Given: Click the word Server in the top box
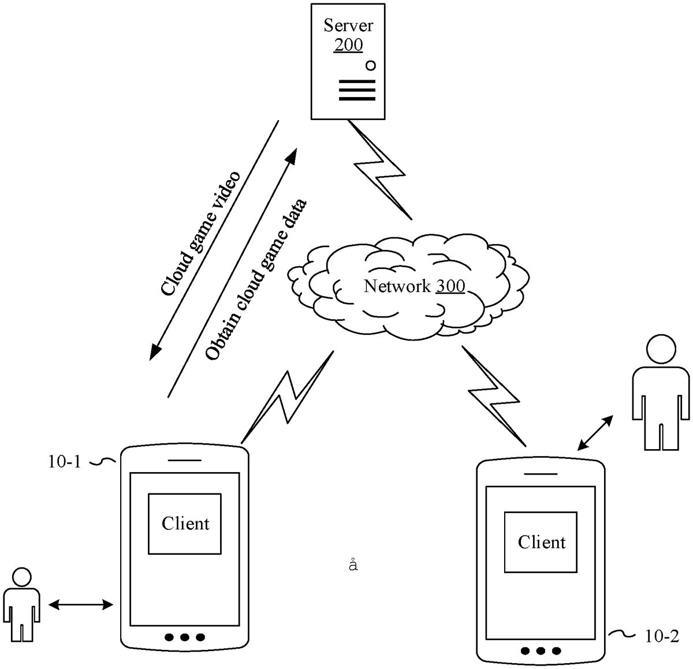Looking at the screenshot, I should [x=348, y=25].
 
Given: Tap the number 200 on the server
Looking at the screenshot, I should [x=348, y=45].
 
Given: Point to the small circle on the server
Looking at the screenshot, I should [x=370, y=66].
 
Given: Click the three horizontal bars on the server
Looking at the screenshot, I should [x=357, y=91].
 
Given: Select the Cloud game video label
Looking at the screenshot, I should [x=200, y=233].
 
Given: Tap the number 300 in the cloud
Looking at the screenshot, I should [x=450, y=286].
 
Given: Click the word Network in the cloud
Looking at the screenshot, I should [x=397, y=286].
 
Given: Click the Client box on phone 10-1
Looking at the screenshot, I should [x=185, y=524].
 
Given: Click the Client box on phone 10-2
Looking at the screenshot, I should [x=541, y=542].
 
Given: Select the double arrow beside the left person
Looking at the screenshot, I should [x=80, y=604].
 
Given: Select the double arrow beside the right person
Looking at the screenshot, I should [x=595, y=432].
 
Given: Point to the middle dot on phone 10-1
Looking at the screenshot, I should [x=185, y=637].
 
